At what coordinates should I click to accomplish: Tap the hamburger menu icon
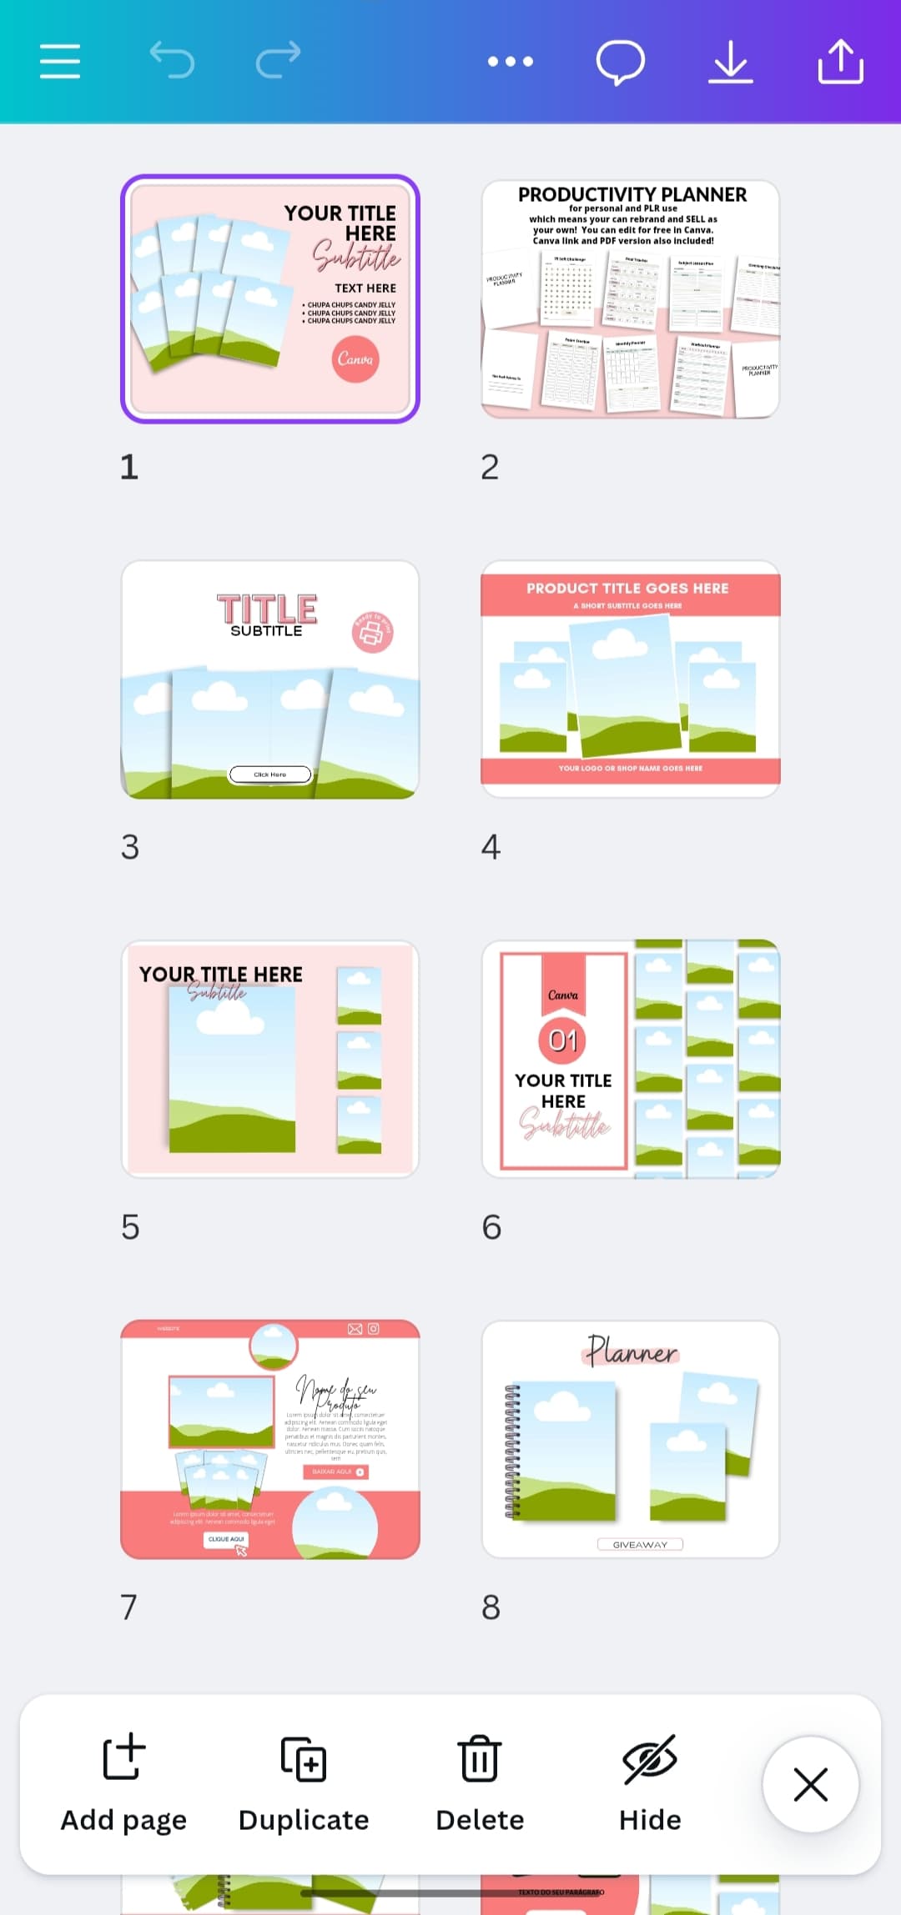click(60, 62)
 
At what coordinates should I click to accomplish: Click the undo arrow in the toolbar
click(172, 60)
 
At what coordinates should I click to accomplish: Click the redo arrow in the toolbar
click(278, 60)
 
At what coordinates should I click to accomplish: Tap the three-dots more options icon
click(511, 61)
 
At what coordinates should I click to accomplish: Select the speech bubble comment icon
click(621, 62)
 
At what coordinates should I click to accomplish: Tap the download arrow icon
click(731, 62)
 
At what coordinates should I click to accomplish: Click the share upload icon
click(840, 62)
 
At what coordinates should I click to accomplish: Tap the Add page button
click(123, 1783)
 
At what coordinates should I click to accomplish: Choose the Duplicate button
click(304, 1783)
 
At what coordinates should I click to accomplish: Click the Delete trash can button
click(480, 1783)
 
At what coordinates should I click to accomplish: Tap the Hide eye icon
click(650, 1783)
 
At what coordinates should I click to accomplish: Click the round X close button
click(810, 1785)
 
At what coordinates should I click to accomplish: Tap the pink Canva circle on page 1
click(355, 359)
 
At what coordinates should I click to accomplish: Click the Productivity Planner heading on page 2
click(632, 194)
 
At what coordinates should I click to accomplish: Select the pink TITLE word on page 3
click(267, 609)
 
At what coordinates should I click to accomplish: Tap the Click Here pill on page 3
click(270, 775)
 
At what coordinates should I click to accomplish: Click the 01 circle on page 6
click(563, 1040)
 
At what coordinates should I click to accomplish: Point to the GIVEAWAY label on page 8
click(640, 1545)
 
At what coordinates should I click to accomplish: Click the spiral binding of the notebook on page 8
click(512, 1451)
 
